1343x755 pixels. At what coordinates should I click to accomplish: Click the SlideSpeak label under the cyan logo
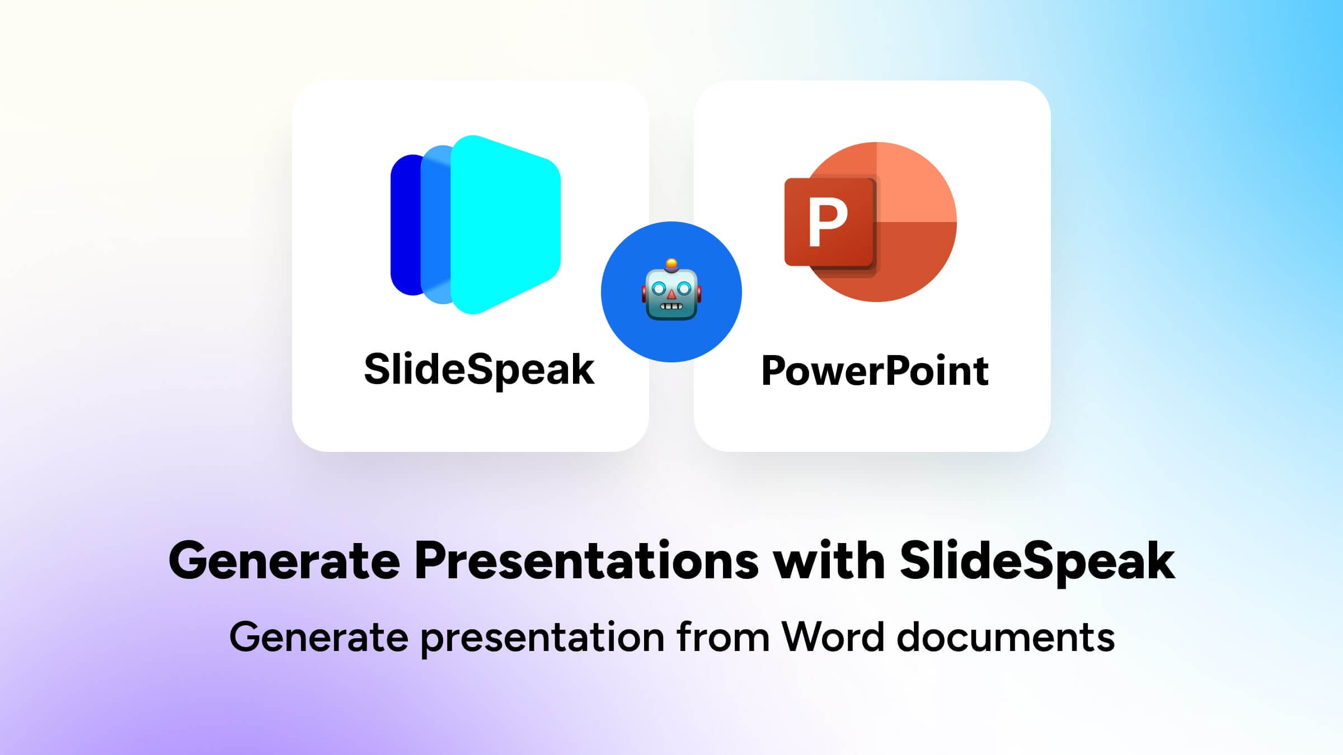pos(479,370)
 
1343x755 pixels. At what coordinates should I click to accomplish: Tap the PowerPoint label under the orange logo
pos(875,371)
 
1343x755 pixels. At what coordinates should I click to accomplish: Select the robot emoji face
pos(671,291)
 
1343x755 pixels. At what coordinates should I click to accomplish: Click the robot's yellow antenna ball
pos(671,263)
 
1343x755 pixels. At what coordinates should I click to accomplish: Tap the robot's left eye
pos(659,289)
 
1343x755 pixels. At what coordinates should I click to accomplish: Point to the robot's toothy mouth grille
pos(671,306)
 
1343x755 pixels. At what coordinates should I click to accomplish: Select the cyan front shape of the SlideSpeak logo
pos(504,224)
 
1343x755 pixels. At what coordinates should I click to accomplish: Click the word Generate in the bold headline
pos(284,561)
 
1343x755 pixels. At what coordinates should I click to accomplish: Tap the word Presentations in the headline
pos(586,561)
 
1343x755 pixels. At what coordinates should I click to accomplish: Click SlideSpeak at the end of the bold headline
pos(1037,561)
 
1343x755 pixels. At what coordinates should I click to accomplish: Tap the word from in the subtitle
pos(722,637)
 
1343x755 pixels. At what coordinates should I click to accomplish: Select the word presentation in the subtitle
pos(542,637)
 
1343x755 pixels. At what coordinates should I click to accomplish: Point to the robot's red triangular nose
pos(671,294)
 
